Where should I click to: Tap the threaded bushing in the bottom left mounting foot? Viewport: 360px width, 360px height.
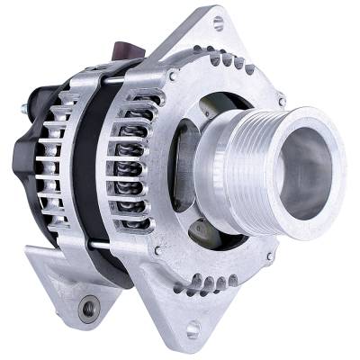(x=87, y=310)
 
